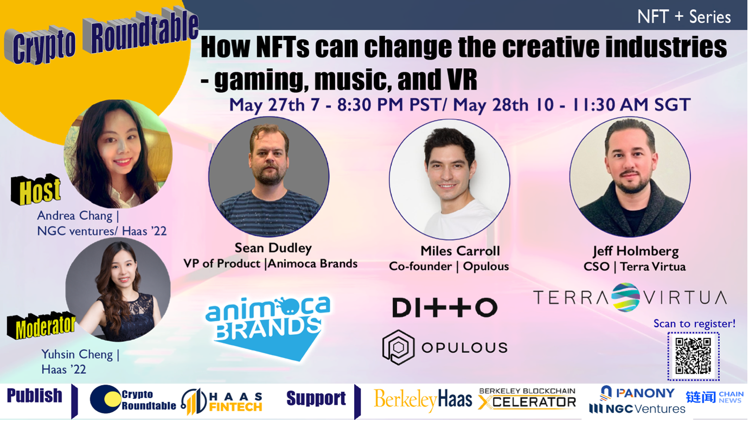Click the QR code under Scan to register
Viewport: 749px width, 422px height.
(x=694, y=356)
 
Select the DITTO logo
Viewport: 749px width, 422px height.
(x=445, y=307)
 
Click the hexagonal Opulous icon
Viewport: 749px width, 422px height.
(x=398, y=347)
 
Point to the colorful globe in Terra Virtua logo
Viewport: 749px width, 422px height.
(x=626, y=297)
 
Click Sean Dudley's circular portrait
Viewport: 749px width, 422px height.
(x=269, y=177)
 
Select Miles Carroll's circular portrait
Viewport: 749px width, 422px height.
(x=450, y=179)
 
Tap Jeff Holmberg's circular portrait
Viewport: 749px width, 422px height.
(x=630, y=177)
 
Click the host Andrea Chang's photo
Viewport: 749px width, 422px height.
(x=118, y=154)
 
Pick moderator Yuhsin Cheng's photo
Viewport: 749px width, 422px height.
(x=118, y=289)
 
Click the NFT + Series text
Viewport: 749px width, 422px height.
(x=684, y=17)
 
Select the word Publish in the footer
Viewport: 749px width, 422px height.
(x=35, y=396)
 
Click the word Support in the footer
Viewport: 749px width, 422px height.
(x=316, y=398)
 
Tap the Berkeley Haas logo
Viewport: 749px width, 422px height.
(x=423, y=400)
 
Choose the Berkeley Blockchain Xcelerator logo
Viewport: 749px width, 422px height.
(x=527, y=399)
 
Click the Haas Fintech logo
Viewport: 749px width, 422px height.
(x=222, y=401)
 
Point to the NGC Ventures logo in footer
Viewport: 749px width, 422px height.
(x=637, y=408)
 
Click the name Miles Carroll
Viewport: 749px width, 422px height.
(x=460, y=251)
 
